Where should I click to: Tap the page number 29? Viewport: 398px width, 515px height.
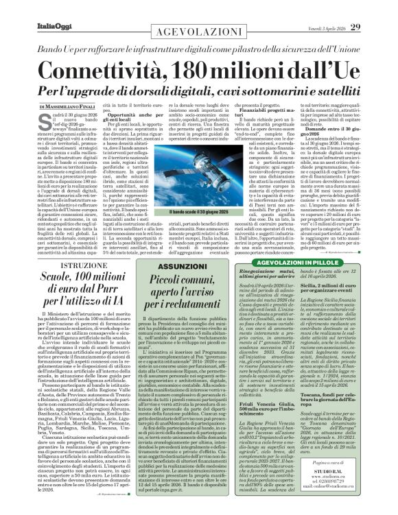coord(375,8)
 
